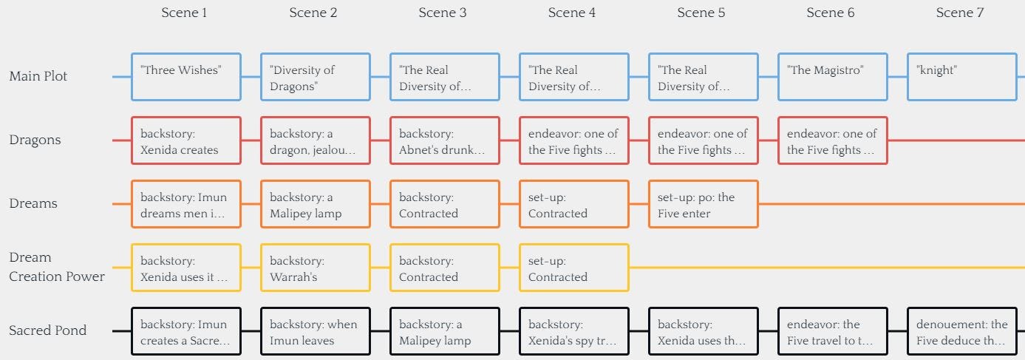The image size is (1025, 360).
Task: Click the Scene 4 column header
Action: [x=571, y=13]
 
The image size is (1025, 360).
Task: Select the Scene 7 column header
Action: [x=959, y=13]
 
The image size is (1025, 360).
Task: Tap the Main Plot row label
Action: [x=38, y=76]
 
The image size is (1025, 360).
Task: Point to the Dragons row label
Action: [x=35, y=140]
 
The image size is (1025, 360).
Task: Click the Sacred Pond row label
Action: [x=47, y=330]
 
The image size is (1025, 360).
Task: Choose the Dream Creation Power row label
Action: [x=57, y=267]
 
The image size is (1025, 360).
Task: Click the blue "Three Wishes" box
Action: [x=186, y=77]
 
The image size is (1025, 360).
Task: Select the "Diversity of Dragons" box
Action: [x=316, y=77]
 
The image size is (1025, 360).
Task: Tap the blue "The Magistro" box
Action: [x=833, y=77]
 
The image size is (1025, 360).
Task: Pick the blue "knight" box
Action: [x=962, y=77]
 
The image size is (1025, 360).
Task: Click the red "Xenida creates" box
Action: [x=186, y=140]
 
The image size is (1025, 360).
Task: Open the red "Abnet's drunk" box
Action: [x=445, y=140]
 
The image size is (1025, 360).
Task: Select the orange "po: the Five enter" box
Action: [x=704, y=204]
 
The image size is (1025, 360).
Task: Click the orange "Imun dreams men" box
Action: [x=186, y=204]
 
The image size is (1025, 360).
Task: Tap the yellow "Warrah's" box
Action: [x=316, y=268]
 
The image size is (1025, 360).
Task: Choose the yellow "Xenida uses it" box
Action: [x=186, y=268]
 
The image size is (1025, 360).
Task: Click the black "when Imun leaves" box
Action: [x=316, y=331]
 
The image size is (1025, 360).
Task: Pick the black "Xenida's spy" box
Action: [x=574, y=331]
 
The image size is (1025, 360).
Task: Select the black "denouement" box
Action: [x=962, y=331]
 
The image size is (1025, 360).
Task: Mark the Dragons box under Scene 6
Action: [x=833, y=140]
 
